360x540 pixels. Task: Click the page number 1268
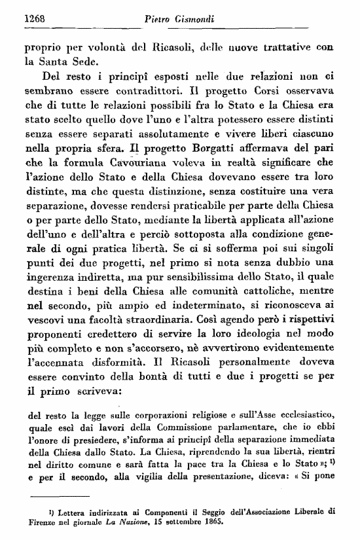[34, 19]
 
